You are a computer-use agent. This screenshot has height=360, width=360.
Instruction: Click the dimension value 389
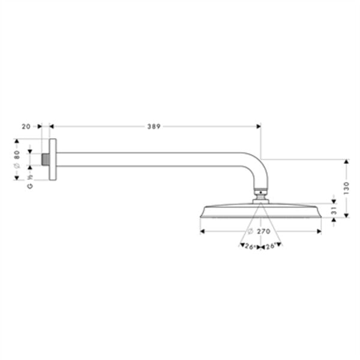tap(155, 127)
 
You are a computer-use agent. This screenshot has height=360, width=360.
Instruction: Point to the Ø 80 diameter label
tap(17, 160)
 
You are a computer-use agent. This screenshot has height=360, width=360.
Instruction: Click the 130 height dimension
tap(346, 188)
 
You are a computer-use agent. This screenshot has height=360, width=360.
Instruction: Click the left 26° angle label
tap(248, 246)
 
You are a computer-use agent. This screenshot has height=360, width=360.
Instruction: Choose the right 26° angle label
tap(271, 246)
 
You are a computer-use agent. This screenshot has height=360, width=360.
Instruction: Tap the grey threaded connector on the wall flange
tap(46, 160)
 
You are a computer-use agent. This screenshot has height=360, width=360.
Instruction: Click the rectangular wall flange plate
tap(53, 160)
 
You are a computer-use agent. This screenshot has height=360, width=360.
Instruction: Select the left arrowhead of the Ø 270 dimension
tap(203, 231)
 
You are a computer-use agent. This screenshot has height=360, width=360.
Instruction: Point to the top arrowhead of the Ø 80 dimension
tap(17, 142)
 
